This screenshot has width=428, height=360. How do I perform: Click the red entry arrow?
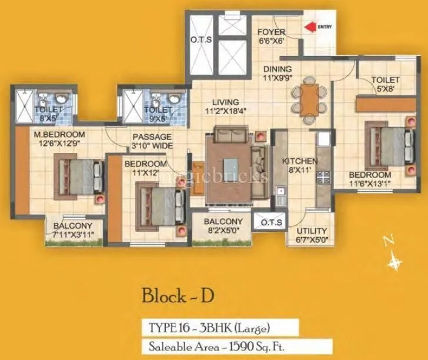coord(309,26)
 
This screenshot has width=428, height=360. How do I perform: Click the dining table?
coord(309,99)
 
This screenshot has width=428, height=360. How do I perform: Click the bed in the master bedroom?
coord(76,173)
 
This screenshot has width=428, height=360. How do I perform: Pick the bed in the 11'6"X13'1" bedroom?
coord(386,144)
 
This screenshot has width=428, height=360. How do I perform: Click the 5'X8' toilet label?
coord(386,84)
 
